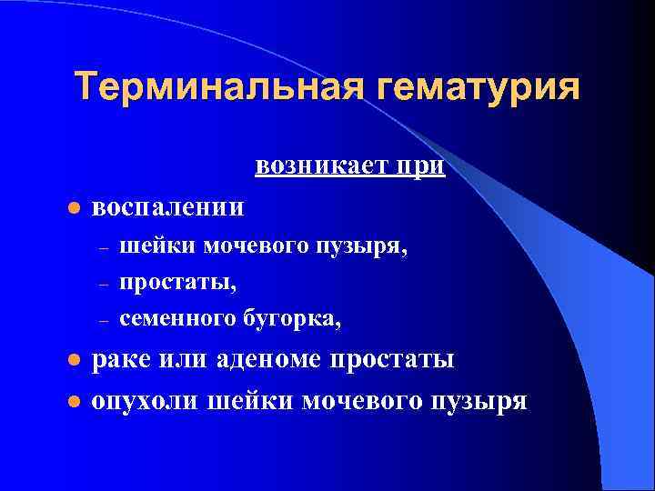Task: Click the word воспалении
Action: (169, 206)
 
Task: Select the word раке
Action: (122, 360)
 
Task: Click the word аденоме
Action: (270, 360)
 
